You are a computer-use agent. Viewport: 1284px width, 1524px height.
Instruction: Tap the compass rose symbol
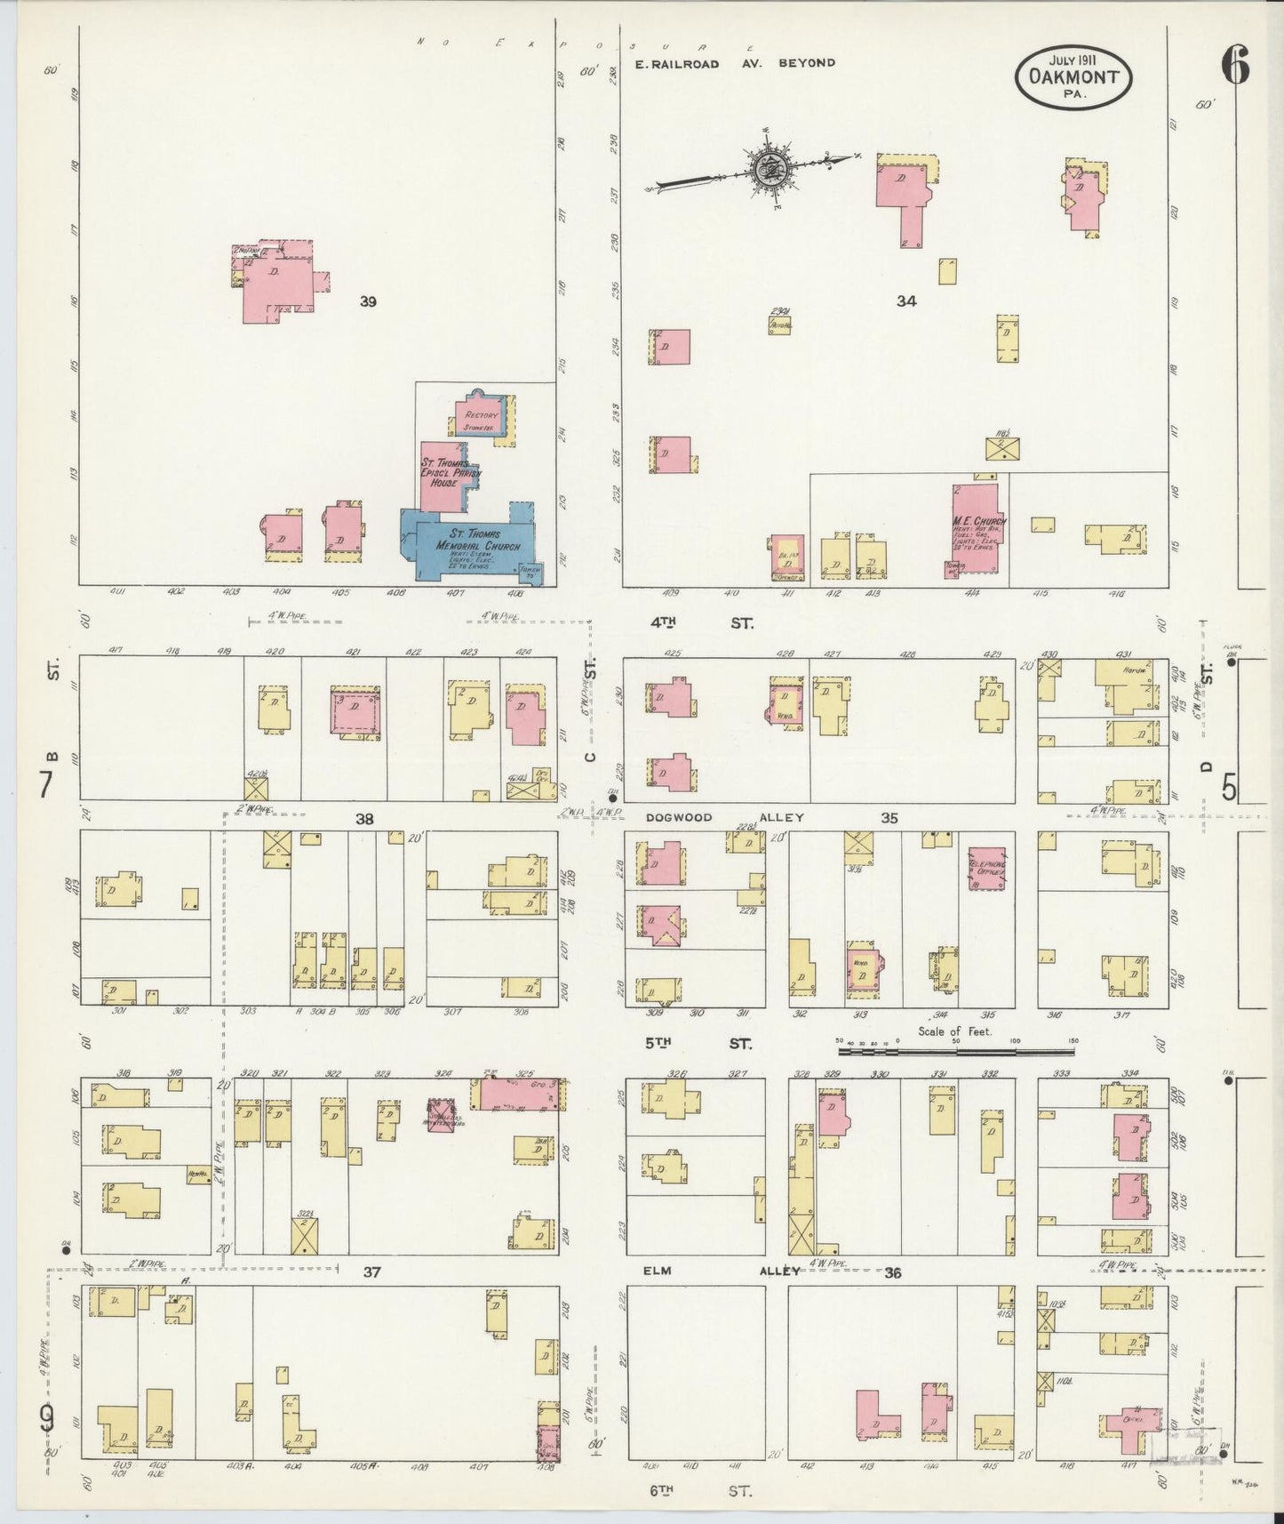pyautogui.click(x=767, y=168)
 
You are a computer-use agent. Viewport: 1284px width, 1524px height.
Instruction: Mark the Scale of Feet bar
pyautogui.click(x=956, y=1051)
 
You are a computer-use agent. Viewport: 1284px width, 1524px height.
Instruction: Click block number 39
pyautogui.click(x=368, y=302)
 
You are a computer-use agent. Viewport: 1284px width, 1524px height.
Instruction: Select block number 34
pyautogui.click(x=905, y=301)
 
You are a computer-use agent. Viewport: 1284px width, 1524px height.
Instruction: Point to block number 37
pyautogui.click(x=371, y=1272)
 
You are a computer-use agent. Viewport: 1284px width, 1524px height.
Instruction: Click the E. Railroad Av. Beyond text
pyautogui.click(x=735, y=63)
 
